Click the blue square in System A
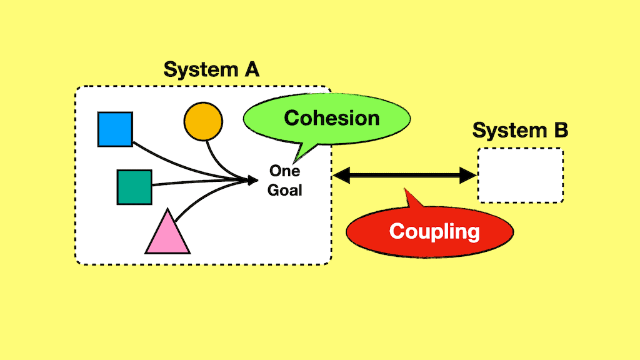[116, 129]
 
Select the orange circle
[202, 121]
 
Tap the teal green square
[134, 187]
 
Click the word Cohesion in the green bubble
[332, 117]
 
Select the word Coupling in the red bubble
[434, 231]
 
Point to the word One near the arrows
[284, 171]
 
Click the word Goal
[284, 190]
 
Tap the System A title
[211, 69]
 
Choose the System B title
[520, 131]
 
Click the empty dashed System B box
[521, 175]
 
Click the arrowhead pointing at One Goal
[253, 181]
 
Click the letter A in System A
[250, 69]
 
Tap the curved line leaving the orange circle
[216, 159]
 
